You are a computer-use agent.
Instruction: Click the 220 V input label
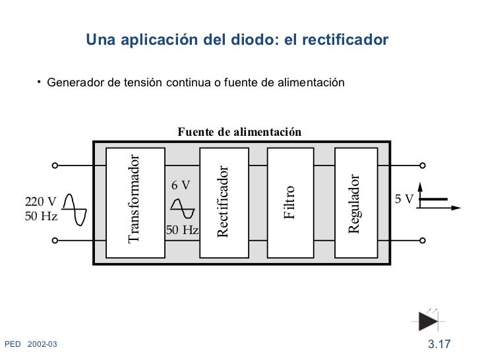point(41,202)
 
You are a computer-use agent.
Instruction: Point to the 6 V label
point(181,185)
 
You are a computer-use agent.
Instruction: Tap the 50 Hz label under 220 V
point(41,216)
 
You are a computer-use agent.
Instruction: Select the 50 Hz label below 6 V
point(182,230)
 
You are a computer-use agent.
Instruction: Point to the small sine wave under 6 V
point(182,208)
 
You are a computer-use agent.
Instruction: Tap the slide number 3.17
point(438,344)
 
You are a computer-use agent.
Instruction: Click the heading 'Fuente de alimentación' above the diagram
point(239,132)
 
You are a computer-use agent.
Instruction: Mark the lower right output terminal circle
point(422,241)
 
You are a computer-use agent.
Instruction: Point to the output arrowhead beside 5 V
point(456,208)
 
